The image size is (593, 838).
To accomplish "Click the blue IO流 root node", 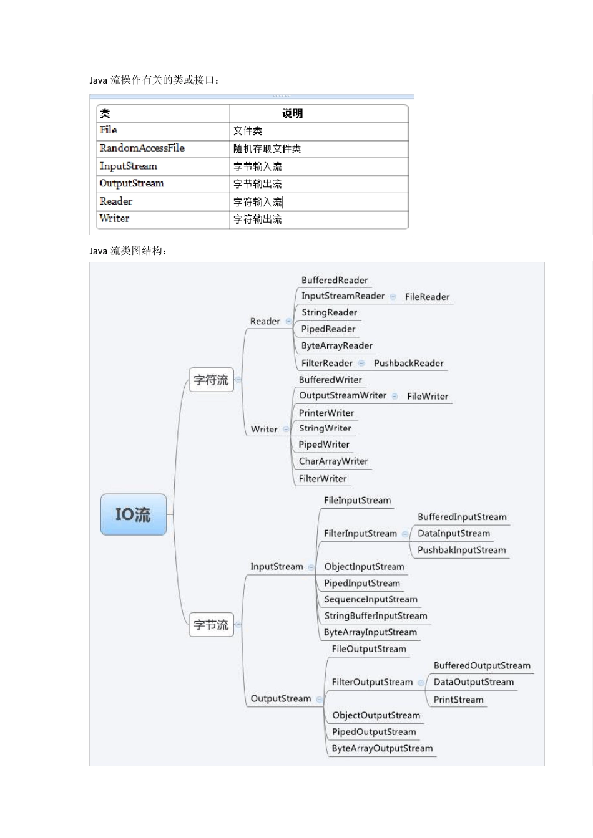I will tap(134, 514).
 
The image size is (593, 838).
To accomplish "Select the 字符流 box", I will tap(211, 380).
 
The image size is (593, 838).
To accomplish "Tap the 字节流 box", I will tap(211, 625).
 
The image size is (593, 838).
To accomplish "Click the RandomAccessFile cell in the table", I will tap(142, 148).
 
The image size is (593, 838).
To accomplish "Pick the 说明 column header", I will tap(292, 113).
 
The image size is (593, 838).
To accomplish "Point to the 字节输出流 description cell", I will tap(257, 184).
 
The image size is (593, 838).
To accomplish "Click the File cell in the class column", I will tap(109, 130).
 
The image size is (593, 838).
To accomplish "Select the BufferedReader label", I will tap(335, 281).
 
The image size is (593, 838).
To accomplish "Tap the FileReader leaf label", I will tap(427, 297).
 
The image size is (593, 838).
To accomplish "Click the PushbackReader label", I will tap(409, 363).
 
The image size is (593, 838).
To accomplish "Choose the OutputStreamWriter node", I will tap(343, 395).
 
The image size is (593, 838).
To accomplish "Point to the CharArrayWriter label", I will tap(333, 461).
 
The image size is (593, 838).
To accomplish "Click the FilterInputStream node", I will tap(360, 534).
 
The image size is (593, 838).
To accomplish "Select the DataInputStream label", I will tap(454, 534).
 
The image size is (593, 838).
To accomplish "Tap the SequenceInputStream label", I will tap(371, 599).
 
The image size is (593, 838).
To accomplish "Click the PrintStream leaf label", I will tap(458, 700).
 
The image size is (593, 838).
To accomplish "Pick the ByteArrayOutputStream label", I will tap(382, 748).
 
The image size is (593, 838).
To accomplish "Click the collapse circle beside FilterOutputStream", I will tap(421, 683).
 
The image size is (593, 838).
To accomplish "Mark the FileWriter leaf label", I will tap(428, 397).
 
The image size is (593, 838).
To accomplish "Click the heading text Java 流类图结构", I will tap(128, 251).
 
